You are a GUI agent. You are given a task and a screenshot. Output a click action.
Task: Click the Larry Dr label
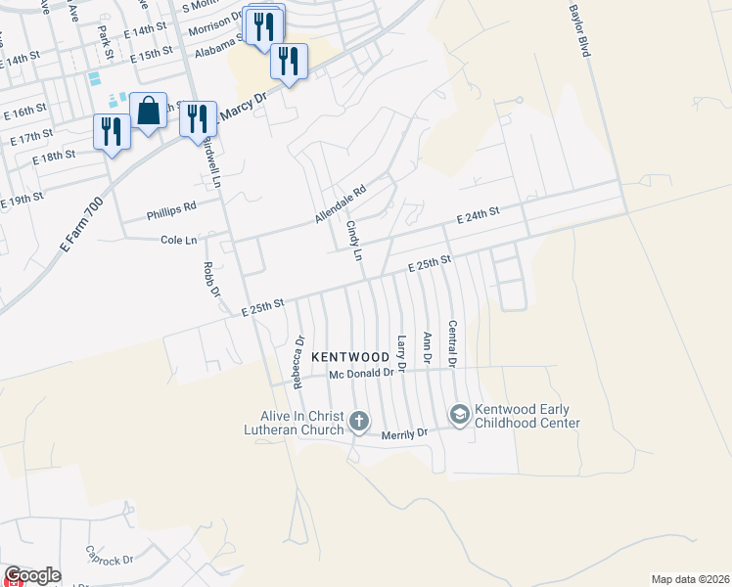click(x=401, y=352)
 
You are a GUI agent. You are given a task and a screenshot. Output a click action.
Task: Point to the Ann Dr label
click(x=427, y=348)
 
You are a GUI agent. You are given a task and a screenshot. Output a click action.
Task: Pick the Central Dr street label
click(x=452, y=344)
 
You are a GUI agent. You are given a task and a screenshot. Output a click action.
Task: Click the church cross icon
click(x=359, y=422)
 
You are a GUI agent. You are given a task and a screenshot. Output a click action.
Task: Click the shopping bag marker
click(x=148, y=112)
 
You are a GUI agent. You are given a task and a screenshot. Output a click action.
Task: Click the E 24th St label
click(x=478, y=214)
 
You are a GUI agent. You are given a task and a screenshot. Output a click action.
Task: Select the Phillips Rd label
click(x=171, y=207)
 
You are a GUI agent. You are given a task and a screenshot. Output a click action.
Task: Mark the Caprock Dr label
click(x=109, y=556)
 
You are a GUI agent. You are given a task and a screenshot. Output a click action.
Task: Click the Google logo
click(x=32, y=575)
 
